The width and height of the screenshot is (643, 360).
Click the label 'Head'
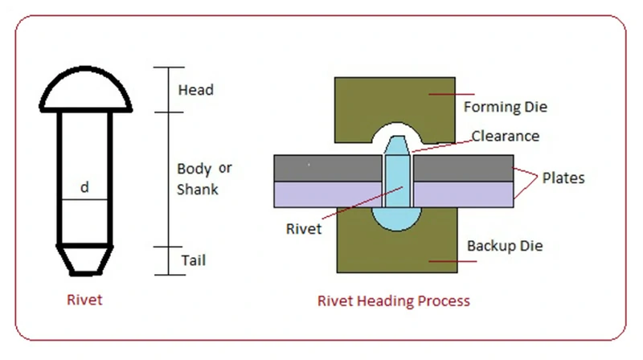click(x=195, y=89)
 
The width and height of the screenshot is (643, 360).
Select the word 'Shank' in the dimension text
click(x=197, y=190)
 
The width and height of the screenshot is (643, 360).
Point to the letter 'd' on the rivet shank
click(x=84, y=187)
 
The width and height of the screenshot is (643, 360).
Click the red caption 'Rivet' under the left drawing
click(x=84, y=301)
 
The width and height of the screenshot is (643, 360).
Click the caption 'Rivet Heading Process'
click(x=394, y=301)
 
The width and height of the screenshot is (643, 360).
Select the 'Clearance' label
click(x=505, y=136)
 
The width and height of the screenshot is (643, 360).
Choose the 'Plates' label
click(x=562, y=177)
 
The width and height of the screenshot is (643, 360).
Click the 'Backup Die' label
click(x=504, y=245)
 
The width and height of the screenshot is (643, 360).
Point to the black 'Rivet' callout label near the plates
click(x=304, y=228)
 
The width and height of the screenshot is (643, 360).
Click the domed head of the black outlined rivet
click(x=85, y=91)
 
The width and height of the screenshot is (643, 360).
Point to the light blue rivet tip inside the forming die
click(x=395, y=146)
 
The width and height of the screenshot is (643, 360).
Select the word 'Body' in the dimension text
click(x=194, y=169)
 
